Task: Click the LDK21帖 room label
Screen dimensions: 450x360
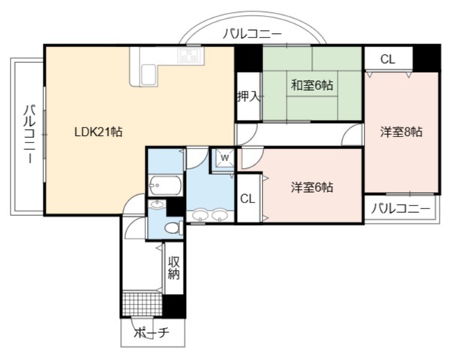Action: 98,132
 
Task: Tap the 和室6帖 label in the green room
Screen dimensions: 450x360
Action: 312,85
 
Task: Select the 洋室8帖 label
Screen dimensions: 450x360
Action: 401,132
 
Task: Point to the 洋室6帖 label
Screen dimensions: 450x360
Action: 312,187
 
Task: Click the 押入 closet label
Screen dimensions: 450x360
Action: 249,97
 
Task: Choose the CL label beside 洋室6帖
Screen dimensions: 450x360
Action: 247,199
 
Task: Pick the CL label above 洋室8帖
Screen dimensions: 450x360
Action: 388,59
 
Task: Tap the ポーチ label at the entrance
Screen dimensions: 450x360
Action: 151,333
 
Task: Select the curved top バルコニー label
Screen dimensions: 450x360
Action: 253,34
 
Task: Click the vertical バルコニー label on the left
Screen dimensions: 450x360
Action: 29,135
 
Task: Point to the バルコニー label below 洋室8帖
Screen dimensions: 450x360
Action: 401,208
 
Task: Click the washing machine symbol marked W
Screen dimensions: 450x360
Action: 225,158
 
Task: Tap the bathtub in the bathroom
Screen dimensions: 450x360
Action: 166,185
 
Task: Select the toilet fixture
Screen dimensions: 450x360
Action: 174,228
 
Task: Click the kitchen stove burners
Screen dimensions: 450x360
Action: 190,55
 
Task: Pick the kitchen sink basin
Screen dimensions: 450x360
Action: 148,75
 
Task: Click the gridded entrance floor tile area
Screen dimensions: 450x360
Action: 142,304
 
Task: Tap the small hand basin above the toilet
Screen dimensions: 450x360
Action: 157,205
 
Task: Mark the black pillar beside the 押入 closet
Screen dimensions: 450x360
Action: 248,58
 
